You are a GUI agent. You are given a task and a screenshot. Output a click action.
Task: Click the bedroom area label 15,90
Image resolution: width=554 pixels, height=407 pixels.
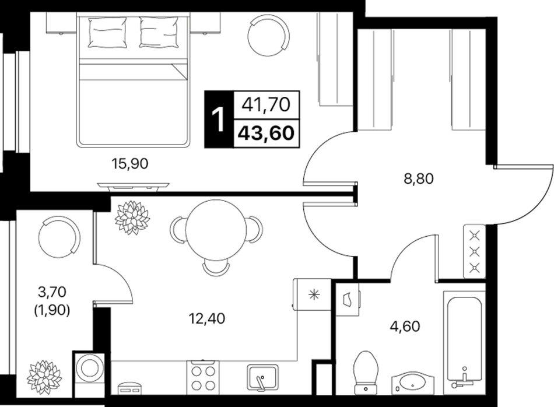(129, 164)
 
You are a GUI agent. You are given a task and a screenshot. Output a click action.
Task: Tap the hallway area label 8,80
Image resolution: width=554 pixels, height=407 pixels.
(418, 179)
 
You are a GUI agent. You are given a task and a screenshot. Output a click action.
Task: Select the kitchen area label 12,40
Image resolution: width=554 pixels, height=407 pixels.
(207, 319)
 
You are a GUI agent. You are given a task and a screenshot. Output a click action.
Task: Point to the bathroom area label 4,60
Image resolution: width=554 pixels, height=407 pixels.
(405, 326)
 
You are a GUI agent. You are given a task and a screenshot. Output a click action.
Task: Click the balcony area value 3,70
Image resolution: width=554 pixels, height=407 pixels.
(52, 292)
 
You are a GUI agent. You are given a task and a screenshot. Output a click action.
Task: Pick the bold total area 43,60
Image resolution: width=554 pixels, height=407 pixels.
(266, 133)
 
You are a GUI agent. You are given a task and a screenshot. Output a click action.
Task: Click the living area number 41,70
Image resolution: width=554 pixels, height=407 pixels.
(266, 104)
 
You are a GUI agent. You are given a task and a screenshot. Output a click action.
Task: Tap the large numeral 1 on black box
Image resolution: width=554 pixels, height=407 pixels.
(218, 120)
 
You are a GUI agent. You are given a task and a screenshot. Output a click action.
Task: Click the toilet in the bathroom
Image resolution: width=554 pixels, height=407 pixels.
(366, 373)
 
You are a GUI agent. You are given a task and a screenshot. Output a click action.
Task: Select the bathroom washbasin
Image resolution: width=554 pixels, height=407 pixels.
(413, 383)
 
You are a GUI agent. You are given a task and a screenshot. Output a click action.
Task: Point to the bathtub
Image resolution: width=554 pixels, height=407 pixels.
(464, 340)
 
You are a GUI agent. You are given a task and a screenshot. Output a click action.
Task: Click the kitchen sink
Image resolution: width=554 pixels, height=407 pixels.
(262, 378)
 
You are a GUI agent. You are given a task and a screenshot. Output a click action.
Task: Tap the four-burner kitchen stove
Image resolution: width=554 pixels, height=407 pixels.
(203, 377)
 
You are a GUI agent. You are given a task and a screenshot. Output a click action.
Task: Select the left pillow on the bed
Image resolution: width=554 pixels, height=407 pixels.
(107, 33)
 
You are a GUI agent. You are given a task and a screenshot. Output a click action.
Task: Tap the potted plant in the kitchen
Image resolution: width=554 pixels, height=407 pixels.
(132, 217)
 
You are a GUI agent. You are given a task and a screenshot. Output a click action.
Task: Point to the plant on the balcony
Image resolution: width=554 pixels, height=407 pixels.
(44, 377)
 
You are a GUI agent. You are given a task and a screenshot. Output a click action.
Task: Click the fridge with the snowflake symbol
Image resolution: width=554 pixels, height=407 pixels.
(312, 294)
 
